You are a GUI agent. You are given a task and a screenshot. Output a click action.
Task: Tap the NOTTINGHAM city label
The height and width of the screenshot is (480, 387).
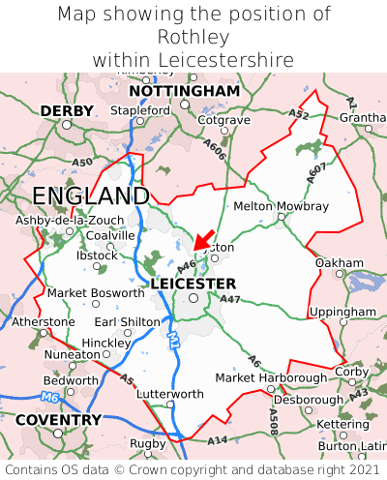[x=184, y=91]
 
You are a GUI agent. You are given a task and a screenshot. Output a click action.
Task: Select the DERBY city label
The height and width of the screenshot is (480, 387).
[x=67, y=111]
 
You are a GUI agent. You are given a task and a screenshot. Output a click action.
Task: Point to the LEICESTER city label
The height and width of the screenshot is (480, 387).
[x=193, y=283]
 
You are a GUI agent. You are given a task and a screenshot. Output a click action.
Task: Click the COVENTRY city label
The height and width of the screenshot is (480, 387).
[x=58, y=420]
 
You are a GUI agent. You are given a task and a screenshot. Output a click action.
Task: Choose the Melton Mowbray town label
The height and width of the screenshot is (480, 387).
[x=281, y=206]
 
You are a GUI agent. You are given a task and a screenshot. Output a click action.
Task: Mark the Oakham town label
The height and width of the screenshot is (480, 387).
[x=339, y=262]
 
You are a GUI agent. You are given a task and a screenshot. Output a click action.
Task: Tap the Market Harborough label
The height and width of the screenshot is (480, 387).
[x=270, y=377]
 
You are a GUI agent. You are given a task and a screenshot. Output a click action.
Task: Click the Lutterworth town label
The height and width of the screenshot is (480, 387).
[x=170, y=394]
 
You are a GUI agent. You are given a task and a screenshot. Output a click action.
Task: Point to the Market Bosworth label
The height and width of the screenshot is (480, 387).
[x=95, y=292]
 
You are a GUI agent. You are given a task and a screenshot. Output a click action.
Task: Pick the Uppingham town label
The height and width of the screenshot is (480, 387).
[x=342, y=312]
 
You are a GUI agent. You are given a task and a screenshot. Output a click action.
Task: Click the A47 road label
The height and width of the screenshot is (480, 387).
[x=230, y=301]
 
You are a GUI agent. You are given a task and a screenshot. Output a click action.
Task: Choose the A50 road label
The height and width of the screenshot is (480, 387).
[x=82, y=163]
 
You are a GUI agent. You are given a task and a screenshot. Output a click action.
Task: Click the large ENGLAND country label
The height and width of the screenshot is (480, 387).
[x=90, y=196]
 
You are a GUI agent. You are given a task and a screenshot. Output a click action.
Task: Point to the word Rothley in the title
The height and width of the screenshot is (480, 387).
[x=193, y=37]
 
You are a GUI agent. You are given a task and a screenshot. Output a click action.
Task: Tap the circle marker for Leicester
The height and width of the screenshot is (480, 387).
[x=193, y=299]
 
